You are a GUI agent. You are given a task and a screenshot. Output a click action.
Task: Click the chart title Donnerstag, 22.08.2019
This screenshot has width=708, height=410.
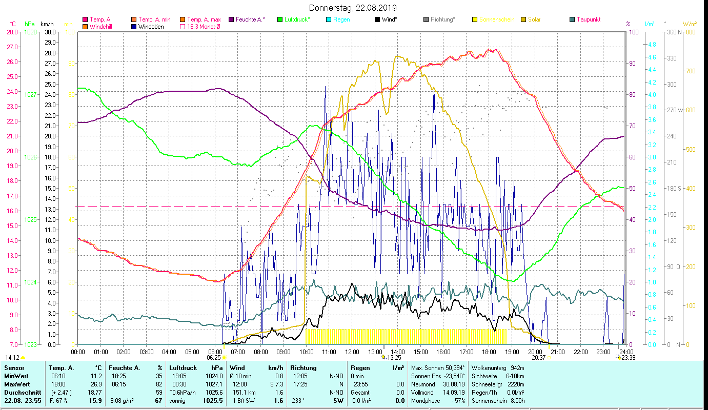coord(353,8)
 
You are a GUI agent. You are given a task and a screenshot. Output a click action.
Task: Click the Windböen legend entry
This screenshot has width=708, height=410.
coord(151,27)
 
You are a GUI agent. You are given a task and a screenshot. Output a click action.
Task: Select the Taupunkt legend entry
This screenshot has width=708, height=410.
coord(588,19)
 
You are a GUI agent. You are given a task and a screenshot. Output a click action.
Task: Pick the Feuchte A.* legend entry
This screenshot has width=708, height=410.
coord(250,19)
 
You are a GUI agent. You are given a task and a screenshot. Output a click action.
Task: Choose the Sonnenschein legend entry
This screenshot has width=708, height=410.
coord(493,19)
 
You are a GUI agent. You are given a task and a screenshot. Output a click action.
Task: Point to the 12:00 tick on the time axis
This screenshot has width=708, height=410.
coord(352,352)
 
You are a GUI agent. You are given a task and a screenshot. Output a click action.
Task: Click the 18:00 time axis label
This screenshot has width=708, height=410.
coord(489,352)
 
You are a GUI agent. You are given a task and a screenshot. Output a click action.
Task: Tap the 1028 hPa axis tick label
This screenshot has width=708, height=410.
coord(31,32)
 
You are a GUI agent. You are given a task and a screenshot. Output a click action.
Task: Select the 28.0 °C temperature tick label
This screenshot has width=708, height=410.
coord(12,32)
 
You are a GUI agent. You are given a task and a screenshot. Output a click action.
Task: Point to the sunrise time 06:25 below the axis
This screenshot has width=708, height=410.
coord(214,358)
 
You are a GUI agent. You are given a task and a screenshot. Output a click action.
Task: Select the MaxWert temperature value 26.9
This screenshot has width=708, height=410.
coord(96,384)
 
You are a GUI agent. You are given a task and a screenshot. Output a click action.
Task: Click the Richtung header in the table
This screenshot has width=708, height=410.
coord(303,368)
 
